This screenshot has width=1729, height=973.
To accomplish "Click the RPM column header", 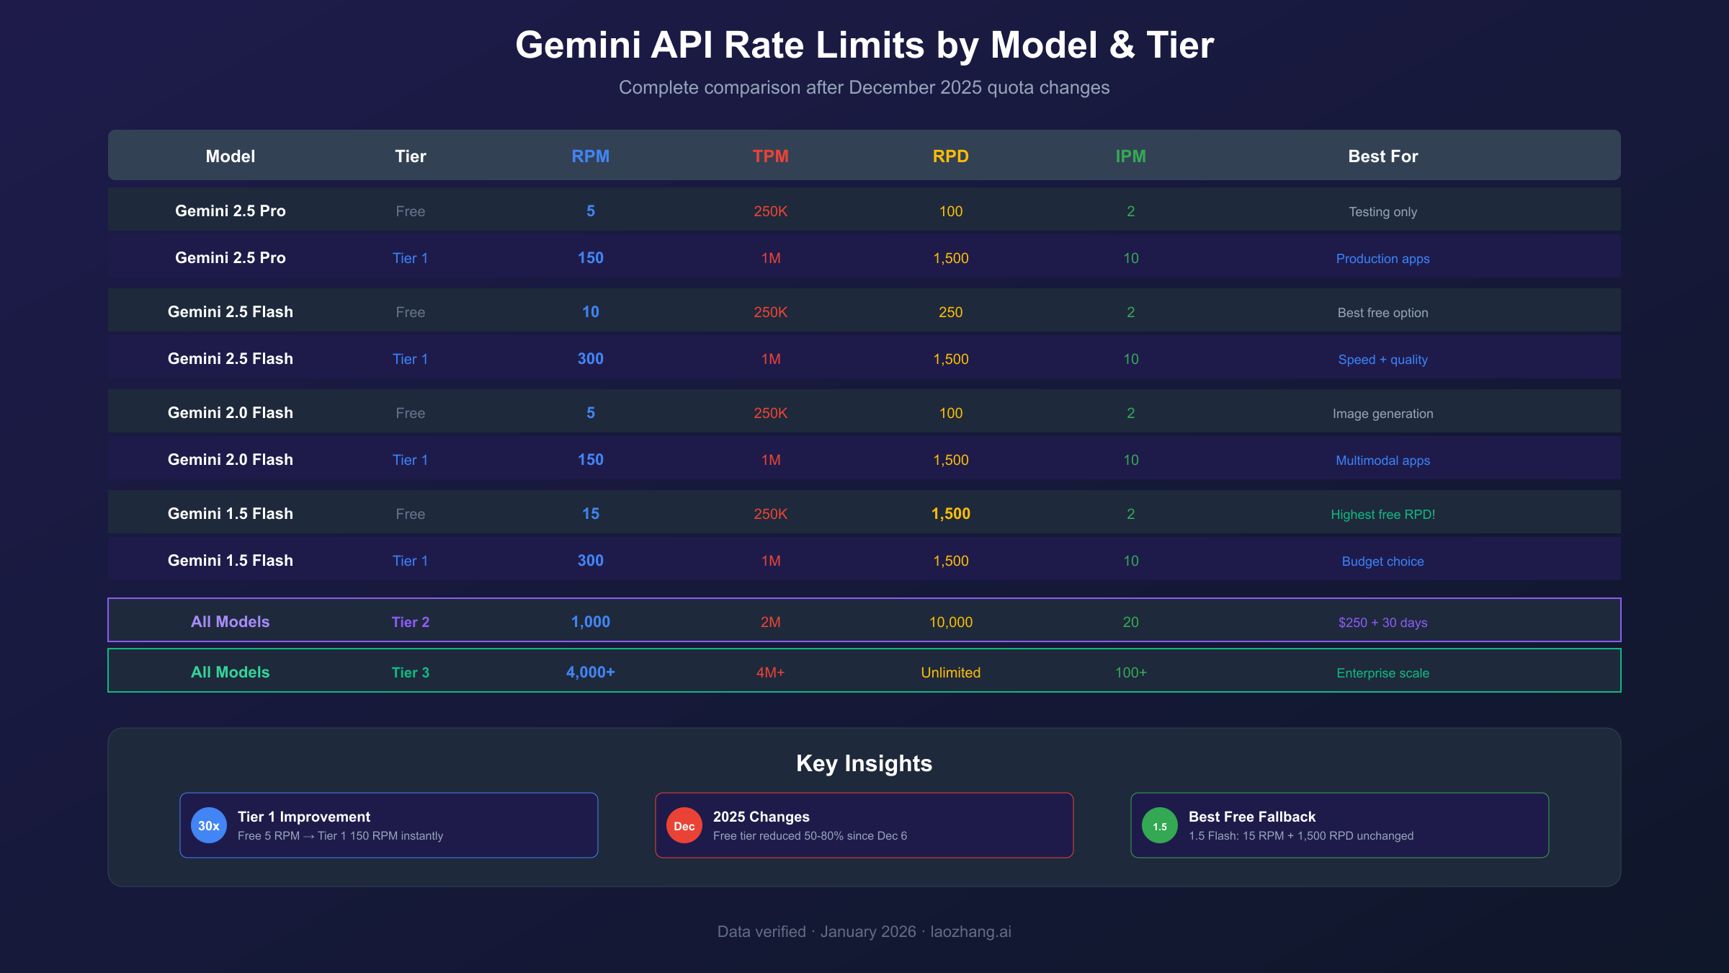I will click(x=590, y=156).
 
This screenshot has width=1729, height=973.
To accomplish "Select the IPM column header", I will click(x=1130, y=156).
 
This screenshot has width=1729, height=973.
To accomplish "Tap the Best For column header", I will click(x=1382, y=156).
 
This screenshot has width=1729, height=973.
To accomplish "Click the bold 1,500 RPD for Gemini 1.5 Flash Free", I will click(x=950, y=514).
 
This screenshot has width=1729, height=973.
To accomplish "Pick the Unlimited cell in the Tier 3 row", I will click(x=950, y=672).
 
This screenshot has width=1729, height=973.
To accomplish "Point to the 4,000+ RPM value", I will click(x=590, y=672).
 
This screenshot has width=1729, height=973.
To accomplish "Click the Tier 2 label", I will click(x=410, y=622).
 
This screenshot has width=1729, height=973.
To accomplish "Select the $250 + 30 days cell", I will click(x=1382, y=623).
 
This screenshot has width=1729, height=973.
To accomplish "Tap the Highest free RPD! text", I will click(x=1382, y=515).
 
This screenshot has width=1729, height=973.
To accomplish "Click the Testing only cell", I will click(x=1382, y=212).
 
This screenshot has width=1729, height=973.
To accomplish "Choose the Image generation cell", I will click(x=1382, y=414).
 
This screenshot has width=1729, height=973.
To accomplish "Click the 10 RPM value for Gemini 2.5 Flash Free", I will click(x=590, y=312).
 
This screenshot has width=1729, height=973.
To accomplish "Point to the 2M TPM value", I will click(x=770, y=622).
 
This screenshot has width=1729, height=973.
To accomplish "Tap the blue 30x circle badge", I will click(x=209, y=826).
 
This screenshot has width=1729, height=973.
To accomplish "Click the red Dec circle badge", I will click(x=684, y=826).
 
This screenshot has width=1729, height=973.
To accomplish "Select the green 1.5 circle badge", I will click(x=1160, y=826).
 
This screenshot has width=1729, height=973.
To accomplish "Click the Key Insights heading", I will click(x=864, y=763).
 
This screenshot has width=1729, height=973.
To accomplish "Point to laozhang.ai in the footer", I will click(x=970, y=932).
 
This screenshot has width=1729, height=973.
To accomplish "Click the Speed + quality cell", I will click(x=1382, y=360).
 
